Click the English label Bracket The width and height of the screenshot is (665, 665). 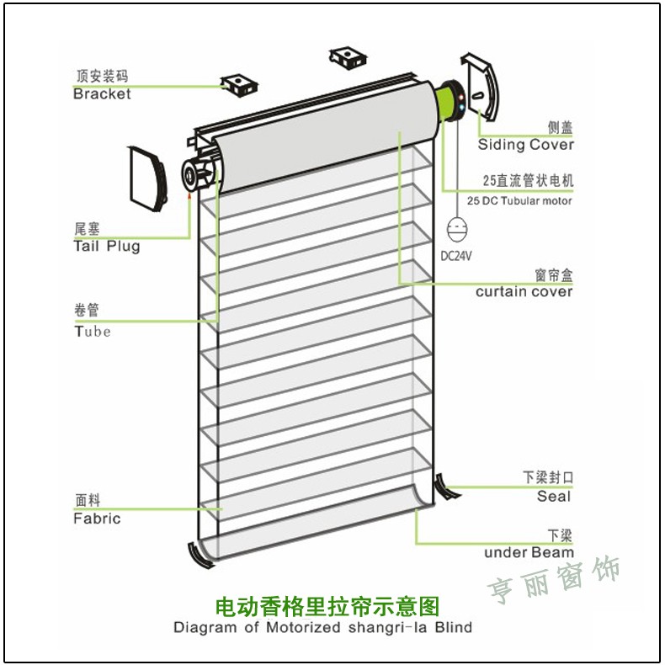coord(102,93)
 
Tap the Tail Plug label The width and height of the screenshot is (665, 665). coord(106,246)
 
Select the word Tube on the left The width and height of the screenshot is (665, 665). coord(93,332)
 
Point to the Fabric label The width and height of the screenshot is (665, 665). coord(97,519)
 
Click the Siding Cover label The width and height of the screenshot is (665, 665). coord(526,145)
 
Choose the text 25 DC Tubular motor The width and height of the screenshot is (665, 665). coord(519,200)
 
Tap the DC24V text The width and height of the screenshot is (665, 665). coord(456,256)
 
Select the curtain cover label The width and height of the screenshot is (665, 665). coord(524,292)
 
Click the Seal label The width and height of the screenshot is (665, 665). coord(554,496)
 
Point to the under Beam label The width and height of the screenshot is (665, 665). coord(529,552)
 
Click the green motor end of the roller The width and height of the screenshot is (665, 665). coord(450,102)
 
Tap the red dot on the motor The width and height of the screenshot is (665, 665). coord(461,98)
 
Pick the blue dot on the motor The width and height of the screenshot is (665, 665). coord(461,108)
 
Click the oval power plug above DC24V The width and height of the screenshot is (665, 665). coord(457,229)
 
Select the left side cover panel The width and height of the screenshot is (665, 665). coord(147,179)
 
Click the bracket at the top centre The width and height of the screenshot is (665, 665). coord(348,58)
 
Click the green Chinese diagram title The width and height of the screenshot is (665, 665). coord(327,606)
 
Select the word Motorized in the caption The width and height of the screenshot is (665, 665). coord(303,627)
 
